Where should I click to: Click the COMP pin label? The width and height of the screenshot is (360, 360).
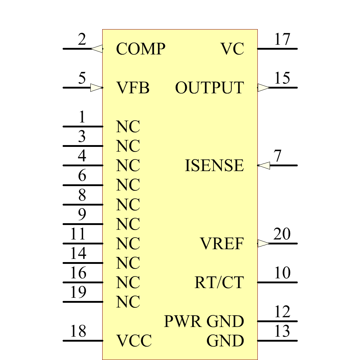[140, 49]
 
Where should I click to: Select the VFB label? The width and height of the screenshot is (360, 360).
[133, 88]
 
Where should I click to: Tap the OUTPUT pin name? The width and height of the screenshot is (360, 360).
[209, 88]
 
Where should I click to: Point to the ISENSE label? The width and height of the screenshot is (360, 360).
[214, 166]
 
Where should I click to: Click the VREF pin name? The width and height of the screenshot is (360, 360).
[222, 244]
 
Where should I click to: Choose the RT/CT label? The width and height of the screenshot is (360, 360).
[219, 283]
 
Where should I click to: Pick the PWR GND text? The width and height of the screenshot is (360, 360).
[204, 321]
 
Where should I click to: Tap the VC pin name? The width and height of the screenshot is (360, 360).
[232, 49]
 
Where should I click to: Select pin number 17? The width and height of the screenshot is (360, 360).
[282, 39]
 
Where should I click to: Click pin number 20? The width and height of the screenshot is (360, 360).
[282, 234]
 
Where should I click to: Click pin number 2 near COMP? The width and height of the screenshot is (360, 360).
[82, 39]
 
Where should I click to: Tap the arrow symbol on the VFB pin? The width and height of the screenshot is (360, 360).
[96, 87]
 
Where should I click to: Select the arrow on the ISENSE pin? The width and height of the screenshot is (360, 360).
[264, 166]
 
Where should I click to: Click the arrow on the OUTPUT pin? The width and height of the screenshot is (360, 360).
[264, 87]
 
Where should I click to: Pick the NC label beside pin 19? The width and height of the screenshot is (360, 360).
[128, 302]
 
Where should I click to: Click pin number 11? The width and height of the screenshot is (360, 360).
[78, 234]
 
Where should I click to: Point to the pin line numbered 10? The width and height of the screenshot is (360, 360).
[277, 282]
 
